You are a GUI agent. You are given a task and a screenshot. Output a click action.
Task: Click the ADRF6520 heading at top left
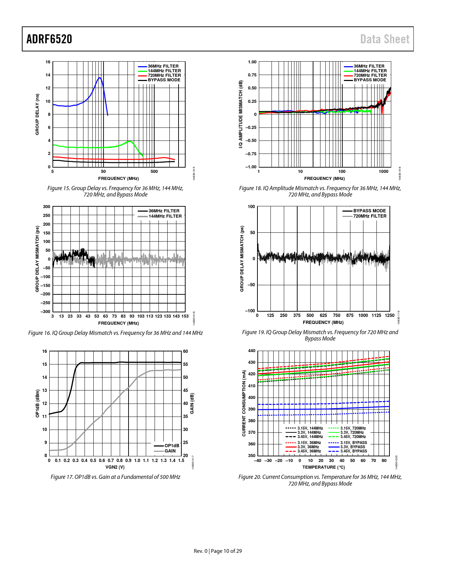pos(49,39)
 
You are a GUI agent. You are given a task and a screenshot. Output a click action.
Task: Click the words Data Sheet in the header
pos(385,39)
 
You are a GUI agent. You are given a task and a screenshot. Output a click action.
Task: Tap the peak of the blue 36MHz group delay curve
pos(100,77)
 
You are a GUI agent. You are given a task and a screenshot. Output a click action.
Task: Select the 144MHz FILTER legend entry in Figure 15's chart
pos(164,71)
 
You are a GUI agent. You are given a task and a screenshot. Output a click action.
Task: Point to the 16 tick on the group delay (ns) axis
pos(48,62)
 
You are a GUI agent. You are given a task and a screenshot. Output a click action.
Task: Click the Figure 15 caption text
pos(116,191)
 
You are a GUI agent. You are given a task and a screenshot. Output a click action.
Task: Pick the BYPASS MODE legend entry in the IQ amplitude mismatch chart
pos(370,80)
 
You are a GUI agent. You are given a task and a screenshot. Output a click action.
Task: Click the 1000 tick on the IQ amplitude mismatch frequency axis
pos(383,171)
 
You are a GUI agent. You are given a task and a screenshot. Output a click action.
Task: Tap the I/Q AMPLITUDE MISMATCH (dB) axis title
pos(241,114)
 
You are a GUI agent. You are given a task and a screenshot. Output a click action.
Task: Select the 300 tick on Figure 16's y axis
pos(46,207)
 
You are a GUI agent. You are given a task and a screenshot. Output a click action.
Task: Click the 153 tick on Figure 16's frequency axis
pos(185,316)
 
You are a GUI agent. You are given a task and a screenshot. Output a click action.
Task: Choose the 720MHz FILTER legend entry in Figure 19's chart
pos(370,216)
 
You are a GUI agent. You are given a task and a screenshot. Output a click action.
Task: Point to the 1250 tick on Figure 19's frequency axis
pos(389,316)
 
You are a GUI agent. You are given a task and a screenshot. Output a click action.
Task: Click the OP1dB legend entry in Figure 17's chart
pos(172,446)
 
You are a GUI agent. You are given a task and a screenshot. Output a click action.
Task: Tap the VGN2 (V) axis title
pos(115,467)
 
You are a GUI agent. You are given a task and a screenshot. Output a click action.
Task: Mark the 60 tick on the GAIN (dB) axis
pos(186,351)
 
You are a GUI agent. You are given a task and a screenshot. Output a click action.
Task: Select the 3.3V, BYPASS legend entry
pos(353,447)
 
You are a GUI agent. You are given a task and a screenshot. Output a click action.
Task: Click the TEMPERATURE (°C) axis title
pos(324,467)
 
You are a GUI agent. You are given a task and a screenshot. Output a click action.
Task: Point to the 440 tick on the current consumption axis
pos(251,351)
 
